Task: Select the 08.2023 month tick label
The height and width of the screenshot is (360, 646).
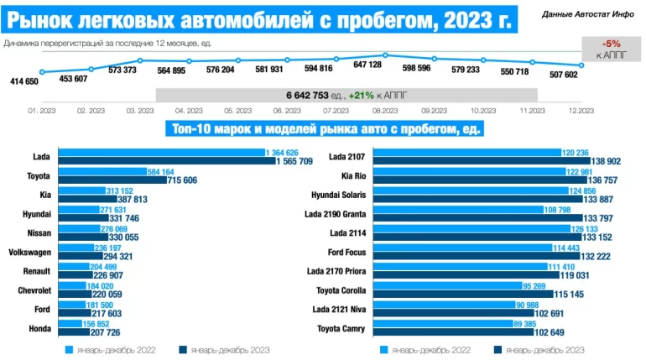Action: [x=384, y=110]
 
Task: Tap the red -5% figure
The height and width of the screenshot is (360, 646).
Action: [x=611, y=44]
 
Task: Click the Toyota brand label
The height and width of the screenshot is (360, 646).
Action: [x=38, y=176]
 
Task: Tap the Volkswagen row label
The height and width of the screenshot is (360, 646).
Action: [x=28, y=253]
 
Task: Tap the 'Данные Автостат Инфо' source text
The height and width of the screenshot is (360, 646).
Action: [x=588, y=14]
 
